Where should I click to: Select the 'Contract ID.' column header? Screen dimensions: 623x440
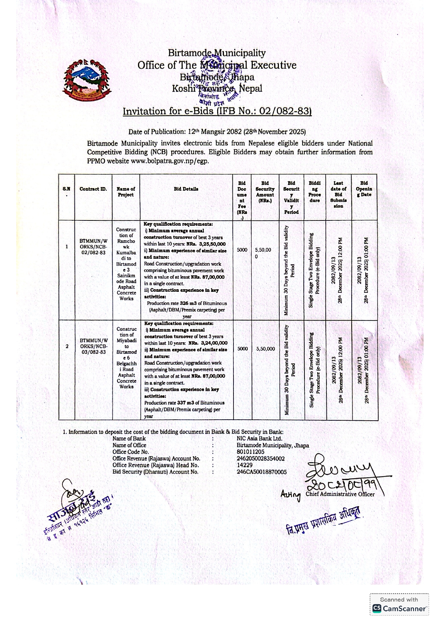(93, 189)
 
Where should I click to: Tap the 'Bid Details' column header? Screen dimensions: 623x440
(186, 189)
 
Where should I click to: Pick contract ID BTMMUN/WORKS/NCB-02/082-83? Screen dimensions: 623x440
(93, 247)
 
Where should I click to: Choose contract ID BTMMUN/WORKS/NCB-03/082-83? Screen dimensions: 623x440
(93, 346)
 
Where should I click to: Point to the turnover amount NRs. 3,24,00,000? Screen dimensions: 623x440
(208, 343)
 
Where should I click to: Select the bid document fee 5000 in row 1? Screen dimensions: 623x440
(242, 250)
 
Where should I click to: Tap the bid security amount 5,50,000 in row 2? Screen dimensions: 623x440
(265, 349)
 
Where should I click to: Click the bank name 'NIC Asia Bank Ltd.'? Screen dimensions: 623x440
(259, 439)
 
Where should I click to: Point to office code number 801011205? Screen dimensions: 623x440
(250, 452)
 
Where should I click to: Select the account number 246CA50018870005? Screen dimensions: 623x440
(262, 472)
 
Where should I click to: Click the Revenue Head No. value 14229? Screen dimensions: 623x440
(244, 465)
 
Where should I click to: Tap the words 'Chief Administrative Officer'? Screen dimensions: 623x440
(340, 494)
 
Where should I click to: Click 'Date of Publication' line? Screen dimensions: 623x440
(217, 132)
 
